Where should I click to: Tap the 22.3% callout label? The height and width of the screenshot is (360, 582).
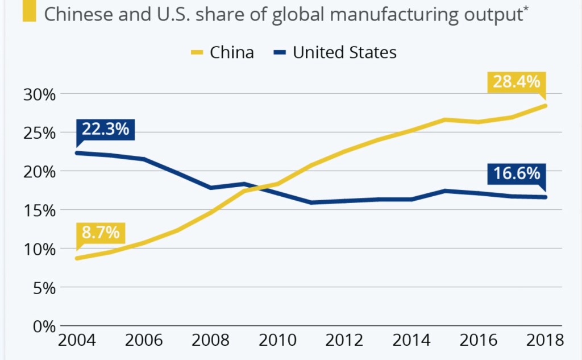coord(105,129)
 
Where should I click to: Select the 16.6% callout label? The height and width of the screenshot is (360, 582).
coord(517,173)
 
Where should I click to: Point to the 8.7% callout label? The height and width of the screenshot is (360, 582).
coord(100,233)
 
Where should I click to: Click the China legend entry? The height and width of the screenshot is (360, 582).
coord(222,53)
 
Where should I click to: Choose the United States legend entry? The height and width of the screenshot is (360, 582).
coord(335,53)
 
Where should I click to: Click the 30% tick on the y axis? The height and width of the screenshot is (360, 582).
coord(39,94)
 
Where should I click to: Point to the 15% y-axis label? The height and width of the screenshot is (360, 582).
coord(39,210)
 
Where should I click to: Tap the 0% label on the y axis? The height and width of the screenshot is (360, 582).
coord(44,326)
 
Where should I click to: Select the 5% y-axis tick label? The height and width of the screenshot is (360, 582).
coord(44,288)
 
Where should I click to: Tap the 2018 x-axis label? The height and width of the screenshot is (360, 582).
coord(544,341)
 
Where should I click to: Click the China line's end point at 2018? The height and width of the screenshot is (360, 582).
coord(546,106)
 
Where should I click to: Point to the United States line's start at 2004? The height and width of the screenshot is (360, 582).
coord(76,153)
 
